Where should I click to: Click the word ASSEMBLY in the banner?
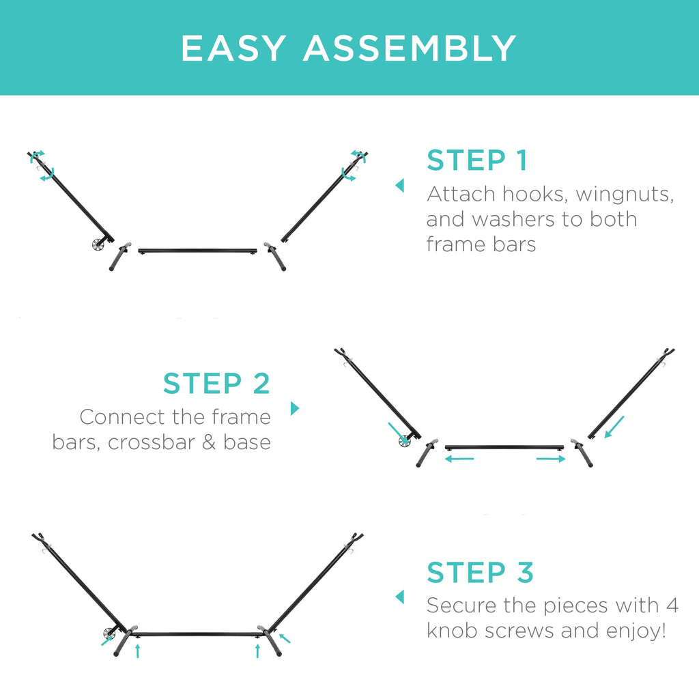[x=410, y=48]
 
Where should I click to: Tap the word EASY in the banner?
[x=233, y=48]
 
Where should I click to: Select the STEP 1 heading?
[x=477, y=160]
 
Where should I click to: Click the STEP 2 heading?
[x=216, y=384]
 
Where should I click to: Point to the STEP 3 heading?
[x=480, y=573]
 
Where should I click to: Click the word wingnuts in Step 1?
[x=625, y=195]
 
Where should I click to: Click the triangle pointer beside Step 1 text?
[x=400, y=186]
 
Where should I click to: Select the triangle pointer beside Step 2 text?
[x=295, y=408]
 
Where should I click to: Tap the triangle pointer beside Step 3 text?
[x=400, y=597]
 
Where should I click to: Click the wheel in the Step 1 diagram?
[x=98, y=244]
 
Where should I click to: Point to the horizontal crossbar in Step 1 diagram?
[x=197, y=251]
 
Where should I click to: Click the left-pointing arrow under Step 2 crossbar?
[x=459, y=458]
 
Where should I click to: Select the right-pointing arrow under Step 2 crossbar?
[x=551, y=459]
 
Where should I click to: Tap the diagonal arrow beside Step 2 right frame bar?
[x=614, y=427]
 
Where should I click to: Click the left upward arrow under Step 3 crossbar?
[x=138, y=651]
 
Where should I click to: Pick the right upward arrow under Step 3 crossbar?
[x=257, y=651]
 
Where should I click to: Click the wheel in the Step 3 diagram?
[x=109, y=633]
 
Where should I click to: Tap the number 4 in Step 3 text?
[x=672, y=606]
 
